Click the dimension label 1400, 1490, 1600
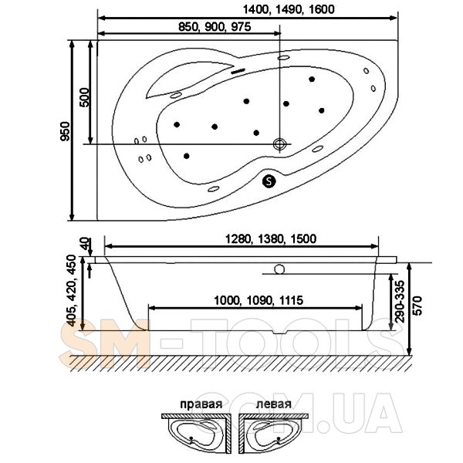pyautogui.click(x=289, y=9)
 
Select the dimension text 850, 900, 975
pyautogui.click(x=215, y=27)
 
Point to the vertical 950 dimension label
pyautogui.click(x=66, y=131)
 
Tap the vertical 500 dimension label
pyautogui.click(x=84, y=97)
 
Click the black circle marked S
pyautogui.click(x=269, y=181)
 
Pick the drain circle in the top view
pyautogui.click(x=279, y=144)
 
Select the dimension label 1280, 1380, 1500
pyautogui.click(x=271, y=238)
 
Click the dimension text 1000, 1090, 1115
pyautogui.click(x=259, y=301)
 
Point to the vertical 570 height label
pyautogui.click(x=417, y=306)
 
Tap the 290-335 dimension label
pyautogui.click(x=400, y=301)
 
